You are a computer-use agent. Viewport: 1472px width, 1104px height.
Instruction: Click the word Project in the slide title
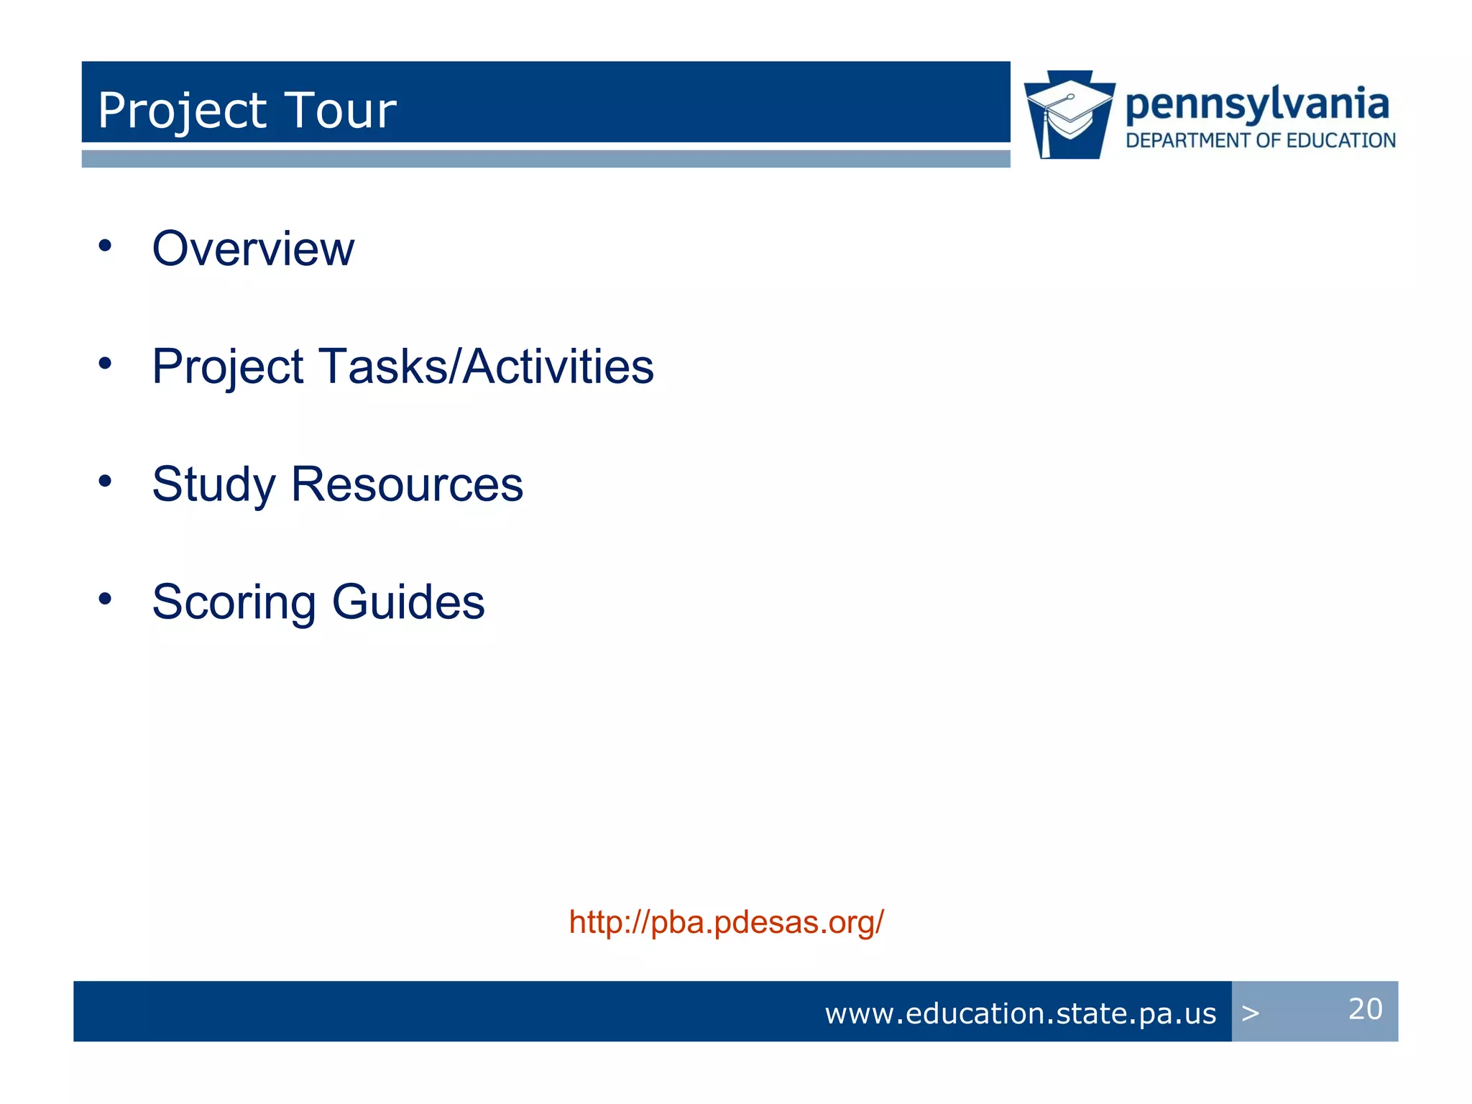182,111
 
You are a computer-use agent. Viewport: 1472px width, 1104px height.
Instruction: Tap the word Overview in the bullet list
253,249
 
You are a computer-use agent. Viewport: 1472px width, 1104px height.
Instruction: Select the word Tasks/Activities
486,367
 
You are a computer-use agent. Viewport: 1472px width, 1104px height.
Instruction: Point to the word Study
213,484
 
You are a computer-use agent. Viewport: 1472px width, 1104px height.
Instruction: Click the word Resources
407,484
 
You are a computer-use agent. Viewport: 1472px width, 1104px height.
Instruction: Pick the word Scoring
234,602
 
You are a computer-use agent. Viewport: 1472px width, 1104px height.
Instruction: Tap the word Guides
408,602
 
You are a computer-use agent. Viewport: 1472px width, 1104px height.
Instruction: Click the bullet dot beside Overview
106,246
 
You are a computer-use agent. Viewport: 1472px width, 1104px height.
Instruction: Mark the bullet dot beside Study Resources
106,481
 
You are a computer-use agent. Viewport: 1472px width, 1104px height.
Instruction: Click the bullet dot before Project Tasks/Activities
106,363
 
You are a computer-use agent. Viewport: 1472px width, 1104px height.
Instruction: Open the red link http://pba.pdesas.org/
726,922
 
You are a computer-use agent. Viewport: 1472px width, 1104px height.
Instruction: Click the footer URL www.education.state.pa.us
1020,1013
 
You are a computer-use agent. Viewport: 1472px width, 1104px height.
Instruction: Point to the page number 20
1365,1009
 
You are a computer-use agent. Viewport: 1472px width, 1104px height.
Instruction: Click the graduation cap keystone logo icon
1069,115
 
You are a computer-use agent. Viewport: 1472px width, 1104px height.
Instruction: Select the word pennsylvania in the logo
1257,105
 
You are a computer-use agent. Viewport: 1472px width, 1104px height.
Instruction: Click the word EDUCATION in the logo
1340,141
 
